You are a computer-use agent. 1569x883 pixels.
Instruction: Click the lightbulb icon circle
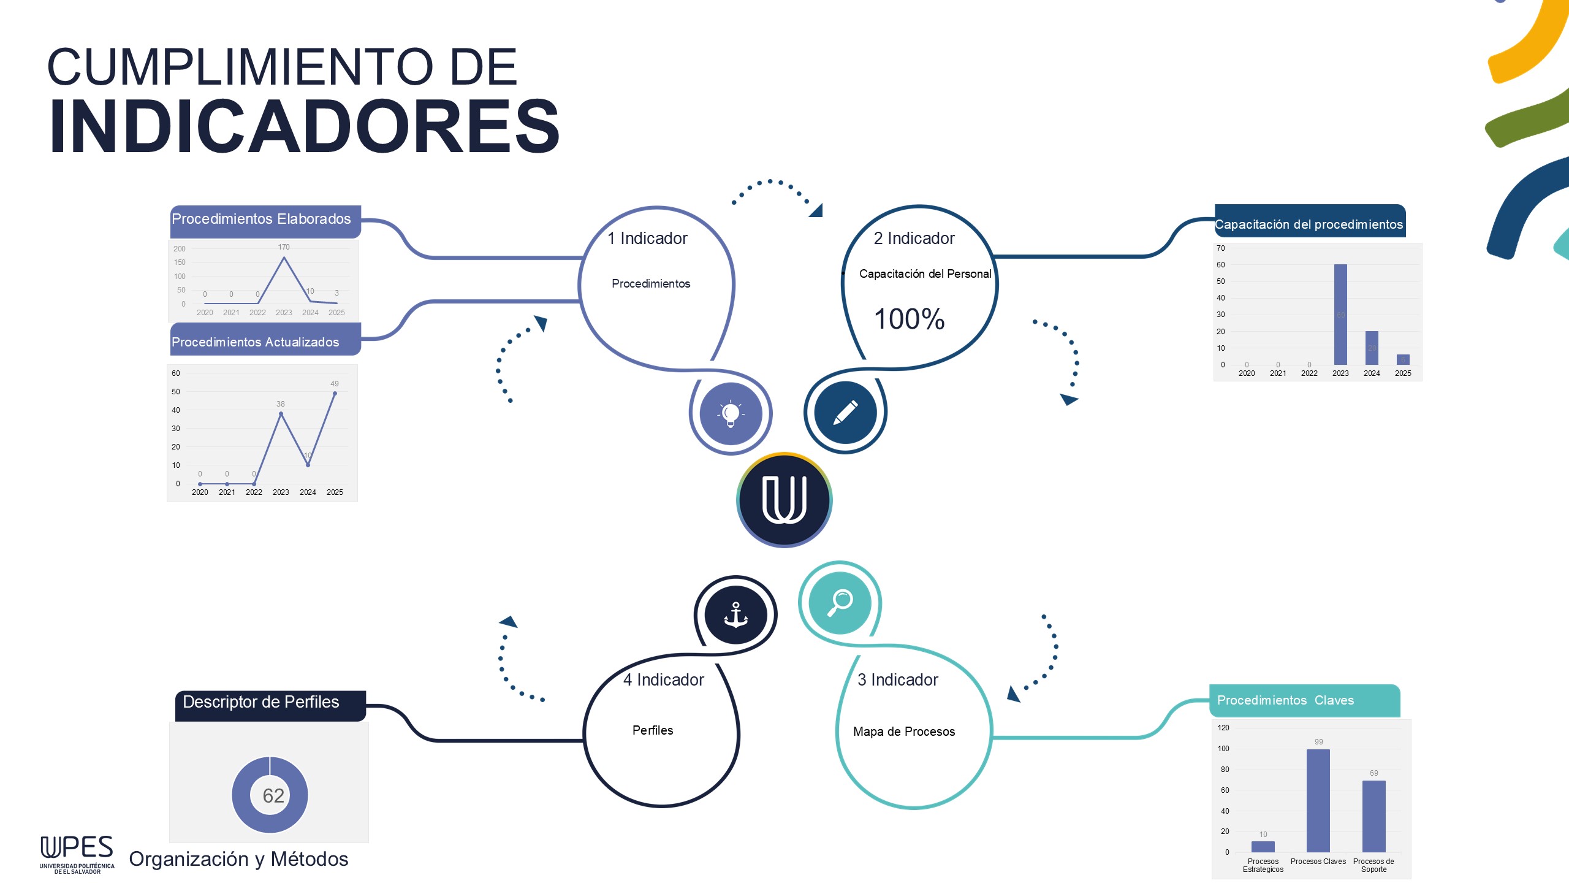click(731, 413)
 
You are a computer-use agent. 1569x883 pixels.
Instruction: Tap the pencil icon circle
click(845, 412)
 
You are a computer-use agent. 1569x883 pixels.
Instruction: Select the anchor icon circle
click(735, 614)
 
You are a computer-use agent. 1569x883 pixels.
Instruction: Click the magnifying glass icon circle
click(840, 603)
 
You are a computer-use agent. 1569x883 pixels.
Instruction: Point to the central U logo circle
click(784, 500)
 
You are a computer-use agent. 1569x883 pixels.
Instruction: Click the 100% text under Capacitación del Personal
click(909, 319)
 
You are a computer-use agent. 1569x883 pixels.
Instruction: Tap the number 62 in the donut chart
click(273, 795)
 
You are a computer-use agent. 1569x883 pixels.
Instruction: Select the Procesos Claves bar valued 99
click(1318, 800)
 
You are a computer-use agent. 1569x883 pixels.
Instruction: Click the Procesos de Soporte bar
click(1373, 816)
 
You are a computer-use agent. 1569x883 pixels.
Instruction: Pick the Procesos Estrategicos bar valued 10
click(1263, 846)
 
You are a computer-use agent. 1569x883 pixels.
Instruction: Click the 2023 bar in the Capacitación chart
click(1340, 314)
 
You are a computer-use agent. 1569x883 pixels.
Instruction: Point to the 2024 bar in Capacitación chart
click(1372, 348)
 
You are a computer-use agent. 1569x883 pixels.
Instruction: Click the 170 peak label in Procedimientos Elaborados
click(284, 247)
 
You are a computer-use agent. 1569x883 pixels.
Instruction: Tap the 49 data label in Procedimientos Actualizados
click(335, 384)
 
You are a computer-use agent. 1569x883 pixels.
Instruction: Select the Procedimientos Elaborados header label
click(262, 220)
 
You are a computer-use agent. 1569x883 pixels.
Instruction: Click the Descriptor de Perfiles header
click(262, 702)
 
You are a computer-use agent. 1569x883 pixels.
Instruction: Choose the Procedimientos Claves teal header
click(1286, 700)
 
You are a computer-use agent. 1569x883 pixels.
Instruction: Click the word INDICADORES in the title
click(305, 127)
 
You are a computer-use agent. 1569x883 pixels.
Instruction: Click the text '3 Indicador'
click(897, 679)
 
